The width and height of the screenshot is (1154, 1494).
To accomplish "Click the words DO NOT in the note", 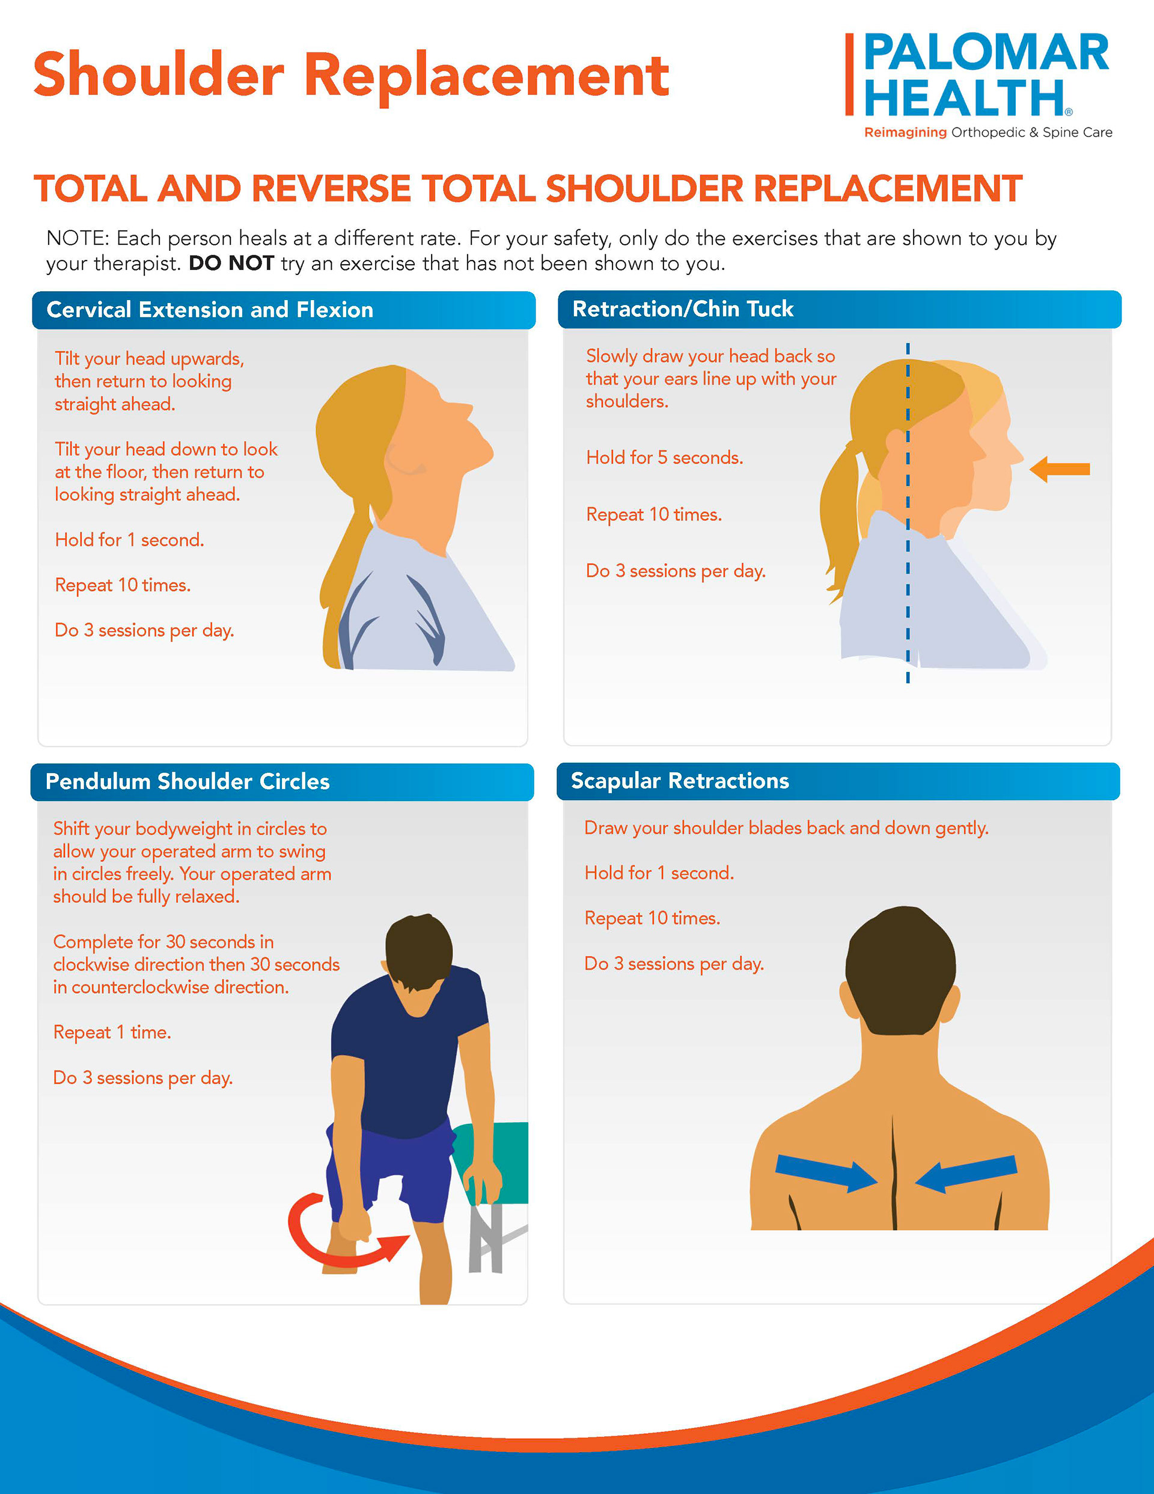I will [x=231, y=263].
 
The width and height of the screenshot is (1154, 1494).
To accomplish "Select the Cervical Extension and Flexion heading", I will [x=210, y=310].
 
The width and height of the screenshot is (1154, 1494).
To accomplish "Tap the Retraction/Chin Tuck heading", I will [x=682, y=309].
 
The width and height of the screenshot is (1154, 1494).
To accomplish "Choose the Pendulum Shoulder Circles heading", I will [x=188, y=781].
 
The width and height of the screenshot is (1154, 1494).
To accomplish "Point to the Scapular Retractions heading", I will [x=680, y=781].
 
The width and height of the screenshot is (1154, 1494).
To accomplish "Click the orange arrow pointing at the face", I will [x=1059, y=469].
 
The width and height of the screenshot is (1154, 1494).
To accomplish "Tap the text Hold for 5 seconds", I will [x=664, y=458].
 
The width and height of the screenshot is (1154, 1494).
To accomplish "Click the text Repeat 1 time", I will [x=112, y=1032].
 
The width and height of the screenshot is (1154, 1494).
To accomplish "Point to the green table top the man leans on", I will [x=499, y=1156].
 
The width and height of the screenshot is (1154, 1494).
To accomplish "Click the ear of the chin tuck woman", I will [x=894, y=442].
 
